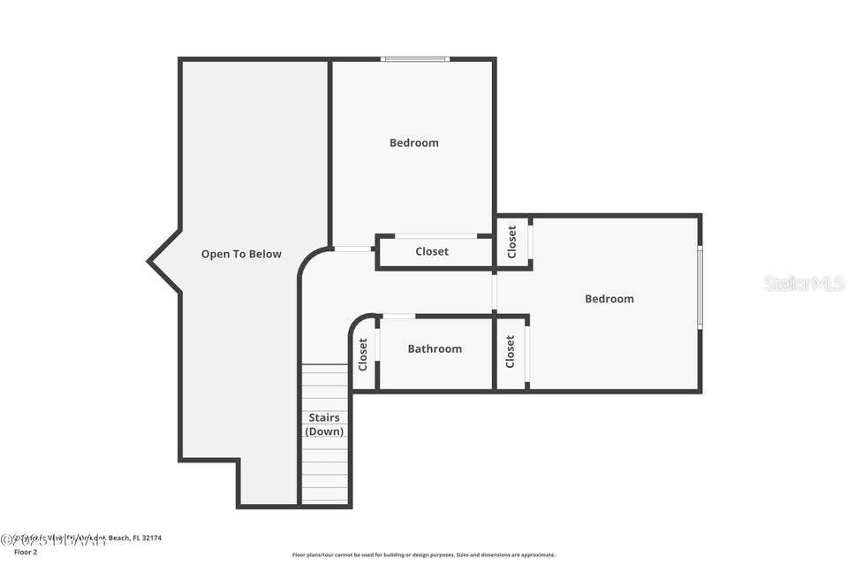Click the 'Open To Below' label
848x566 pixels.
tap(241, 254)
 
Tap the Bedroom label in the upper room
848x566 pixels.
tap(413, 142)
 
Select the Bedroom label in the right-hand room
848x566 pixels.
tap(609, 299)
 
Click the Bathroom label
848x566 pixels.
tap(434, 349)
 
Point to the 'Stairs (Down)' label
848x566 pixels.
tap(324, 424)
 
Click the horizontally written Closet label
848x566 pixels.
tap(432, 251)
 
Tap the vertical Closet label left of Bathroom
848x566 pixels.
tap(363, 354)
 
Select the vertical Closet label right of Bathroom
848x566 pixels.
tap(511, 351)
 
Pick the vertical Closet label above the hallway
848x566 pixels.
tap(512, 241)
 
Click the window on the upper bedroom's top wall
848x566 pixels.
tap(415, 59)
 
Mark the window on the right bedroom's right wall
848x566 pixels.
tap(700, 287)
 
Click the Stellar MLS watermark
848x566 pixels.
tap(804, 283)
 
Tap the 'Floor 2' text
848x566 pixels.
tap(26, 552)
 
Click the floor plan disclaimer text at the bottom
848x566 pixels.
tap(424, 555)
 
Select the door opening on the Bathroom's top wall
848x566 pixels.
tap(398, 316)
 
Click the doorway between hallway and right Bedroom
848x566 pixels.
tap(495, 293)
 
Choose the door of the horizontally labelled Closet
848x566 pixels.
tap(435, 236)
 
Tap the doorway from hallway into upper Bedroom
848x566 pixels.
tap(353, 249)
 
